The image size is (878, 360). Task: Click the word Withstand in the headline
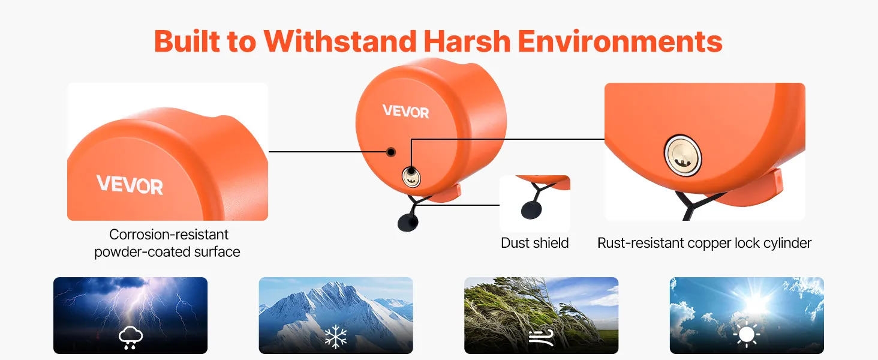340,41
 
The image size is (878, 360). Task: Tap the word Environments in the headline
620,41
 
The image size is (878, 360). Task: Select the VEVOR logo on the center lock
405,111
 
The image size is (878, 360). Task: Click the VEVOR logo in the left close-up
130,185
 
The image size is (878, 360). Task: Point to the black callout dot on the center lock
391,152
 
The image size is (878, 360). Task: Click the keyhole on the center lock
411,177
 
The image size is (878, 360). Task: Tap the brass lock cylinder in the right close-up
683,155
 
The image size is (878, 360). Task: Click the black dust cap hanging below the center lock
408,223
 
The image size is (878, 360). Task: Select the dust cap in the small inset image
531,210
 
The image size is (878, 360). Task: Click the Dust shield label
534,243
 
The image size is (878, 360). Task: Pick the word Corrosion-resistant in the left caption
169,235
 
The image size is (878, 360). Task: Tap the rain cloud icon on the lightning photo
131,337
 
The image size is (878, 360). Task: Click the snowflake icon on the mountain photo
336,337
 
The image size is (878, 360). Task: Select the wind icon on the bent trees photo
542,337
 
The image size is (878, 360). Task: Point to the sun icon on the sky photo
747,335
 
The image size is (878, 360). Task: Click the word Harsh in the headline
467,41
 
